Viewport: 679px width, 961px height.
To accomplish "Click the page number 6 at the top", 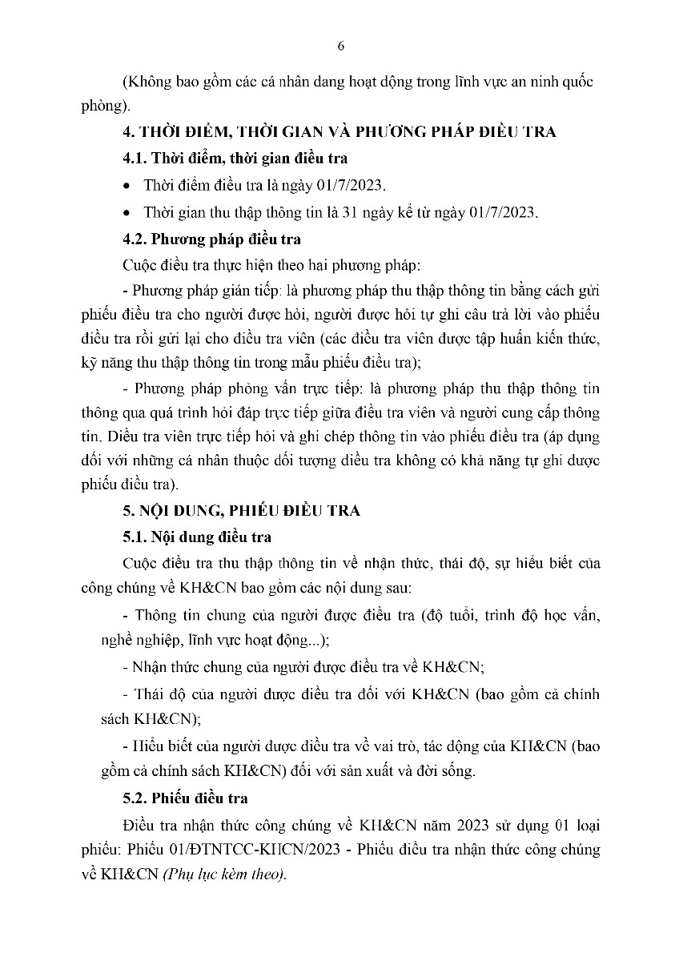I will tap(340, 46).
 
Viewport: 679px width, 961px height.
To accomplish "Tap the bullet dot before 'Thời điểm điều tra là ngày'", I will tap(127, 186).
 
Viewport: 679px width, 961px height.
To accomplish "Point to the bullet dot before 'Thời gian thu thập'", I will tap(127, 212).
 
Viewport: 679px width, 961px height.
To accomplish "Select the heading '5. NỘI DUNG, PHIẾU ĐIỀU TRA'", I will tap(240, 509).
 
